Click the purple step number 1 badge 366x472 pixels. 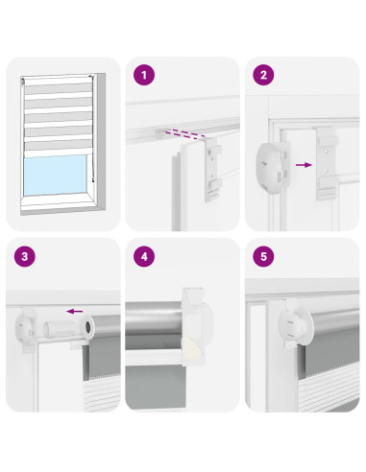(144, 75)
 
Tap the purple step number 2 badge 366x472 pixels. (263, 75)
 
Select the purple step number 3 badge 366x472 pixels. (25, 256)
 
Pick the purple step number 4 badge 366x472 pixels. (144, 256)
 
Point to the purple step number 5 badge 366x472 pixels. (263, 256)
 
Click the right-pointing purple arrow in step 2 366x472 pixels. (304, 165)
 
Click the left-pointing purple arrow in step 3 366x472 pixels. (75, 311)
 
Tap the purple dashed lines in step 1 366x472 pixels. (184, 134)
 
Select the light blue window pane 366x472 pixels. (55, 175)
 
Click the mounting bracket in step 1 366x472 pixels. (213, 169)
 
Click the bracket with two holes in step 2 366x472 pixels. (327, 163)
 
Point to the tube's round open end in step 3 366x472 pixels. (88, 327)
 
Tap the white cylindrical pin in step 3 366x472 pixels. (61, 329)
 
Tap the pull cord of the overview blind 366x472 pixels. (92, 129)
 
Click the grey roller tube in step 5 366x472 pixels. (333, 320)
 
